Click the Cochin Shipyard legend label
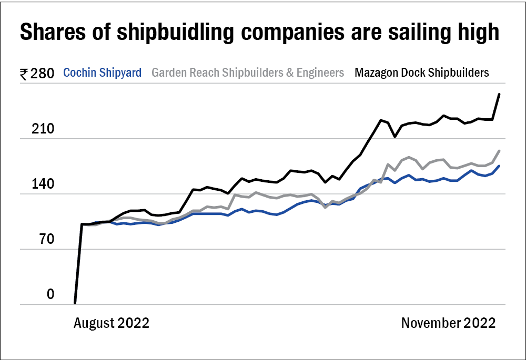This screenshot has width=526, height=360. tap(102, 73)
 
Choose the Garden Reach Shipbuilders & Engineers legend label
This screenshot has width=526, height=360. tap(248, 73)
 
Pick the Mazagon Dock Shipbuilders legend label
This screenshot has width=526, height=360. tap(422, 73)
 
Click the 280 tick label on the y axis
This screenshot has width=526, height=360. tap(43, 74)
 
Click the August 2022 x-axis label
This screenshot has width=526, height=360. tap(111, 323)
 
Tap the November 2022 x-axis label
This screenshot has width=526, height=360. tap(448, 323)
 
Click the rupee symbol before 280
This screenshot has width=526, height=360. tap(24, 74)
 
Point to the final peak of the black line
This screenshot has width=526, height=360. tap(499, 95)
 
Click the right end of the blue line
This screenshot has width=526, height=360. tap(499, 166)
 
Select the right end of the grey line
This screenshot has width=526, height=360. tap(499, 151)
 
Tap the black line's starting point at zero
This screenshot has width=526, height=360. tap(75, 303)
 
